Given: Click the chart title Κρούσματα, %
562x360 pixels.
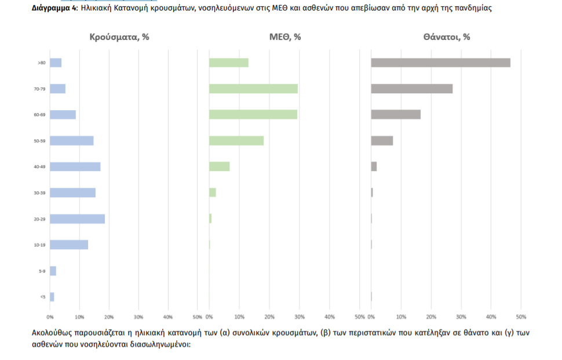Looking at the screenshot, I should click(x=119, y=37).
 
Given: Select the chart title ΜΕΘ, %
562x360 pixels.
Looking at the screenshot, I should click(x=285, y=37).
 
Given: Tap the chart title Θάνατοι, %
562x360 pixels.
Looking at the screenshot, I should click(x=447, y=37).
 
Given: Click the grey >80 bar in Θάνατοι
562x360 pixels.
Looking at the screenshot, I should click(x=440, y=63).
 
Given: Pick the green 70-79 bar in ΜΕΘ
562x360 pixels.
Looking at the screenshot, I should click(x=253, y=89).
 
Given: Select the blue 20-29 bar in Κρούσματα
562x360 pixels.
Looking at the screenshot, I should click(x=77, y=219).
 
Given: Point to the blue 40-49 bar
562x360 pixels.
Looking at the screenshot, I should click(x=75, y=167).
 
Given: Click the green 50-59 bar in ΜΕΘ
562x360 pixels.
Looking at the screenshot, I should click(x=236, y=141).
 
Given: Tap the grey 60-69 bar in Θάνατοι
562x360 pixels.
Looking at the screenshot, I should click(x=396, y=115).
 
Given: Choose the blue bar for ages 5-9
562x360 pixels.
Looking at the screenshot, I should click(x=53, y=271).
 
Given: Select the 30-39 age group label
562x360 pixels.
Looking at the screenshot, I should click(x=39, y=193).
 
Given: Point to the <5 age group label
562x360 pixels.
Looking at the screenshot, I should click(x=42, y=297).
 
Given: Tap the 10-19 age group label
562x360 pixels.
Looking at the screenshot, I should click(x=39, y=245).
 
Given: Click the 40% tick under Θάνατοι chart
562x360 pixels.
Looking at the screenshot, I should click(x=491, y=317).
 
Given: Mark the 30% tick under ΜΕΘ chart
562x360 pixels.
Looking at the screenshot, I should click(x=300, y=317).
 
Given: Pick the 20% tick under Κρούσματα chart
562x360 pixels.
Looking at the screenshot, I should click(x=109, y=317).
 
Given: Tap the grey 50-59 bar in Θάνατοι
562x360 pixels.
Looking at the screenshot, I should click(x=382, y=141).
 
